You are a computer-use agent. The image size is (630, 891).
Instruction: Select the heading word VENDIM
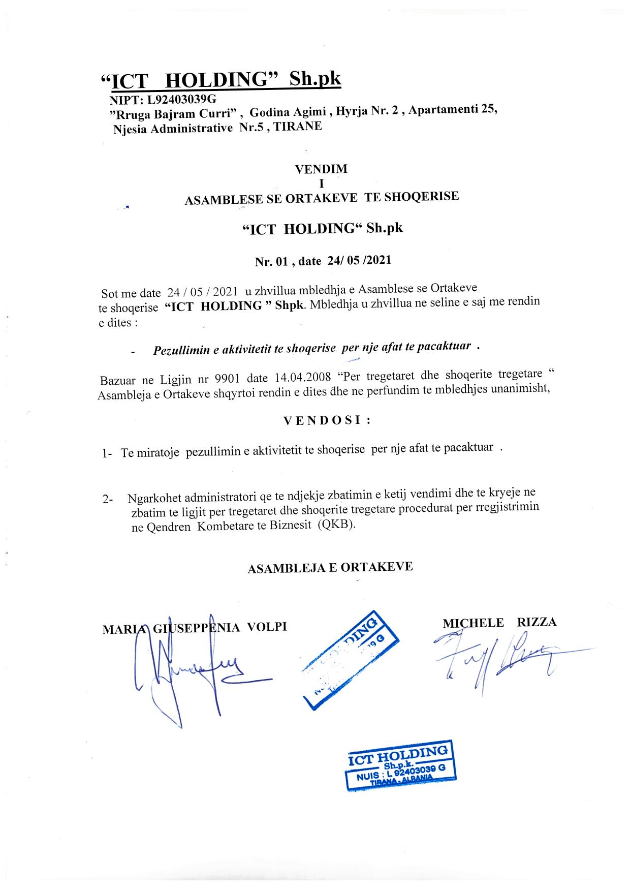click(321, 169)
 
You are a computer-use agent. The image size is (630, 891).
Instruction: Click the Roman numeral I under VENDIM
click(321, 182)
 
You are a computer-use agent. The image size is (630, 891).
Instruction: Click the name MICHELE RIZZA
click(499, 623)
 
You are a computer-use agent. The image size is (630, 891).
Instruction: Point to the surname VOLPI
click(267, 627)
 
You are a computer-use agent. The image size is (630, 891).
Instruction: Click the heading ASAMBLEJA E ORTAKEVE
click(330, 568)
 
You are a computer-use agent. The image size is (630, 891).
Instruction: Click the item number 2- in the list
click(108, 500)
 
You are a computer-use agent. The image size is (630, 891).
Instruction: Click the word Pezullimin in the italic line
click(178, 350)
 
